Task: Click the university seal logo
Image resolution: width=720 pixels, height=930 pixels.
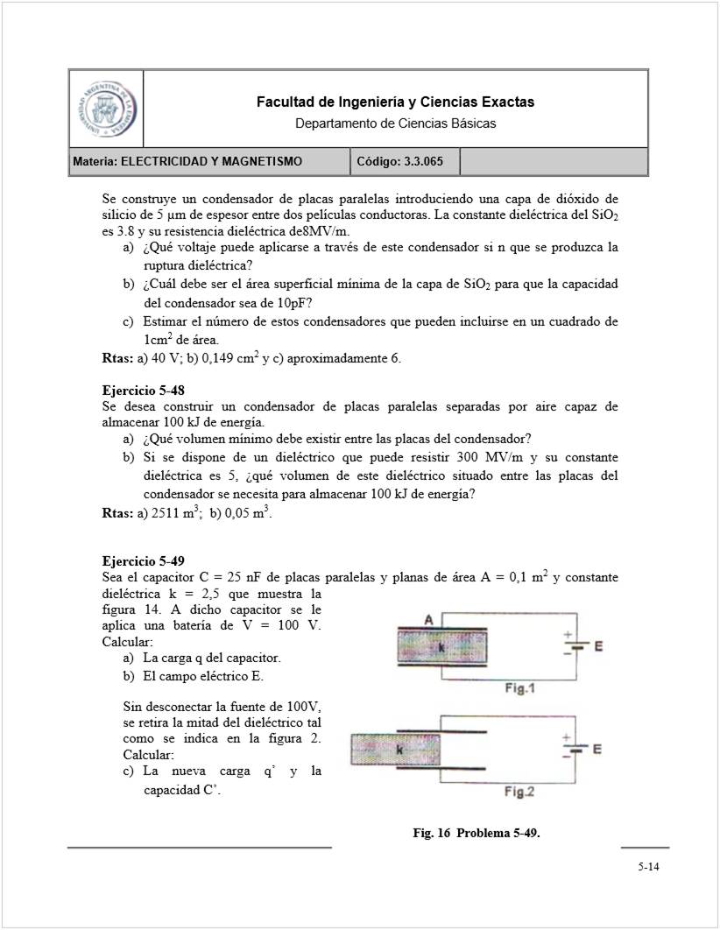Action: point(104,109)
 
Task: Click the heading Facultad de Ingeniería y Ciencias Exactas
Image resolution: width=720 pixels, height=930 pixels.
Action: point(395,102)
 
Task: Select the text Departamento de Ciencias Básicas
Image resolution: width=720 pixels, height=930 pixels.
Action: point(395,123)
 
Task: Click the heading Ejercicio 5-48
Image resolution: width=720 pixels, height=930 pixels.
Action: point(143,391)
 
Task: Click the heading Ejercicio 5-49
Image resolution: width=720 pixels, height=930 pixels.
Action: point(143,561)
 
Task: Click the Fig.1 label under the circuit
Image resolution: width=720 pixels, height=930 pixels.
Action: point(519,689)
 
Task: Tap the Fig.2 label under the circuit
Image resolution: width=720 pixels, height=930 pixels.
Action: point(519,793)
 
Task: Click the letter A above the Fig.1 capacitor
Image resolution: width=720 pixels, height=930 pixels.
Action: point(429,620)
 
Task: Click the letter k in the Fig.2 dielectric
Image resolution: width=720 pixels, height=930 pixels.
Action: point(399,750)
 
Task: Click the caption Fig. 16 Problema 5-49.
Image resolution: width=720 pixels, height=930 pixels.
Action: point(476,833)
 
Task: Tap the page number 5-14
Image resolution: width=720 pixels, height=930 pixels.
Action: point(648,868)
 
